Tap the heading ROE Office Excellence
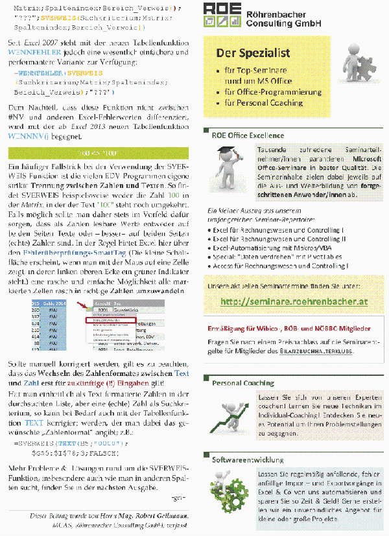[x=247, y=135]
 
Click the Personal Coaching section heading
[x=242, y=383]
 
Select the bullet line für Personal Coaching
[x=263, y=102]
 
